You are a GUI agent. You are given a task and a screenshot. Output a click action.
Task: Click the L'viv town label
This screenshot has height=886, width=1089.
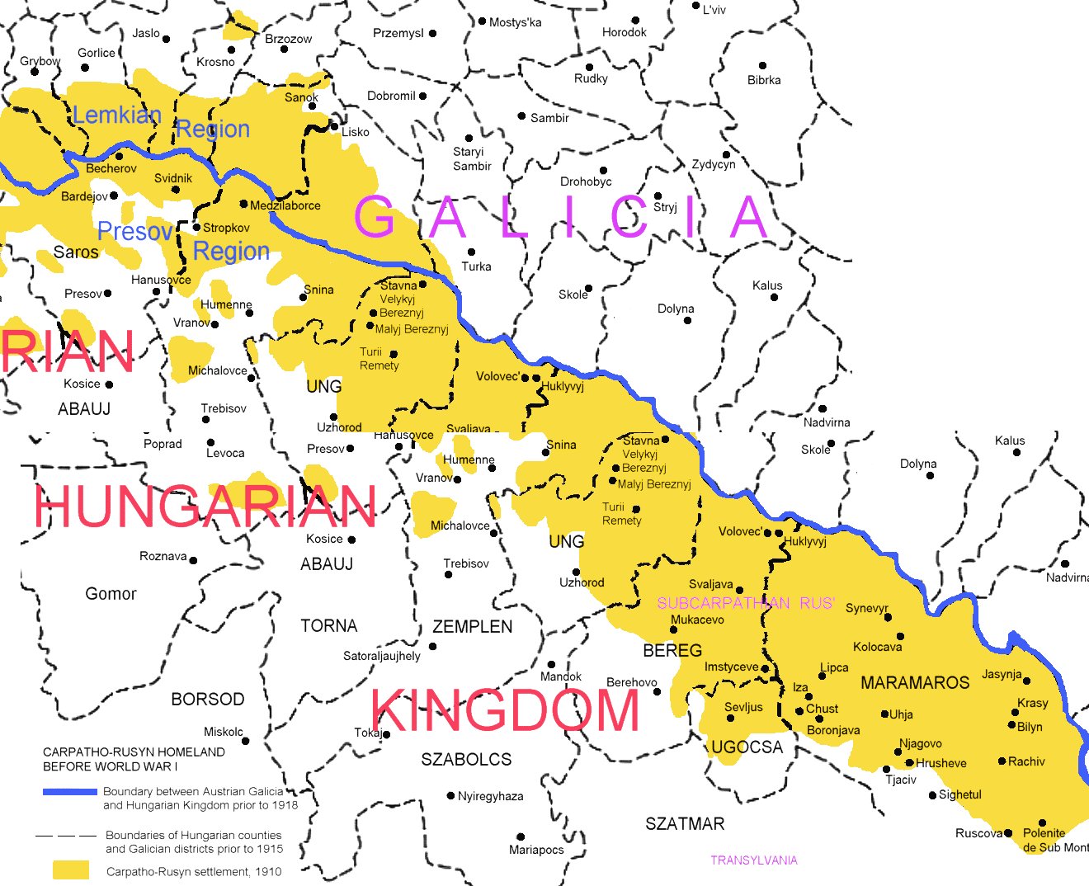pos(714,10)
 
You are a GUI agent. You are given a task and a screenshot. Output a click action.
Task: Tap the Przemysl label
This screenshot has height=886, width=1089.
pos(398,33)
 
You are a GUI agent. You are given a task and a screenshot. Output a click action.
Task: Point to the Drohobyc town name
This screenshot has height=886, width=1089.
pos(586,181)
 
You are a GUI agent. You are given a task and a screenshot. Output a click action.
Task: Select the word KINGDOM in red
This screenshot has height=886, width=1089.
pos(505,710)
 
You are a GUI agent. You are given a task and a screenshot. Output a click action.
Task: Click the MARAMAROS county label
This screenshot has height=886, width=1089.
pos(915,683)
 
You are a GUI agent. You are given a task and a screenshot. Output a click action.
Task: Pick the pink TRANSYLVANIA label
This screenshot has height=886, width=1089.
pos(754,860)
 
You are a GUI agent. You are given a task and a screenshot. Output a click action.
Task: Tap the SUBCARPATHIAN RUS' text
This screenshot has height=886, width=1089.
pos(746,603)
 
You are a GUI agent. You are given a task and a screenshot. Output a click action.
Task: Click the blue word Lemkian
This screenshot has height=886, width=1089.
pos(116,115)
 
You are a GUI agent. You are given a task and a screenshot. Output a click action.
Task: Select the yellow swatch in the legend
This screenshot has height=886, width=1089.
pos(71,870)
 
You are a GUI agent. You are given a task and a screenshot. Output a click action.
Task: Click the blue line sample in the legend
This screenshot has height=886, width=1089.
pos(70,792)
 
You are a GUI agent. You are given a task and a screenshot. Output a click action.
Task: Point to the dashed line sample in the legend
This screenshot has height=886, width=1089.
pos(66,836)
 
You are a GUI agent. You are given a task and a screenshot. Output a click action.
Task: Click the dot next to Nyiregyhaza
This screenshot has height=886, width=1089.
pos(450,796)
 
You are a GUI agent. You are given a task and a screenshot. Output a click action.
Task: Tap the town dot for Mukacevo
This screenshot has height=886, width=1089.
pos(674,630)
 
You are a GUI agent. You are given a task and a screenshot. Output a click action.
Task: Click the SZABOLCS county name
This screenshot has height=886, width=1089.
pos(466,760)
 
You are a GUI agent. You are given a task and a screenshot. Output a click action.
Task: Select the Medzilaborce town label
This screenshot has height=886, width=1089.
pos(285,205)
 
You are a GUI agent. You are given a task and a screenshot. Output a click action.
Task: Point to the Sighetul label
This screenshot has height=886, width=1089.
pos(960,794)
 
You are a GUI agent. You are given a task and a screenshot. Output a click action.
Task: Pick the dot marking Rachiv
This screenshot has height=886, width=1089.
pos(1002,761)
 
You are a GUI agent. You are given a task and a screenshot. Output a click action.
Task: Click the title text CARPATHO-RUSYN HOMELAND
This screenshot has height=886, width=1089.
pos(134,752)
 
